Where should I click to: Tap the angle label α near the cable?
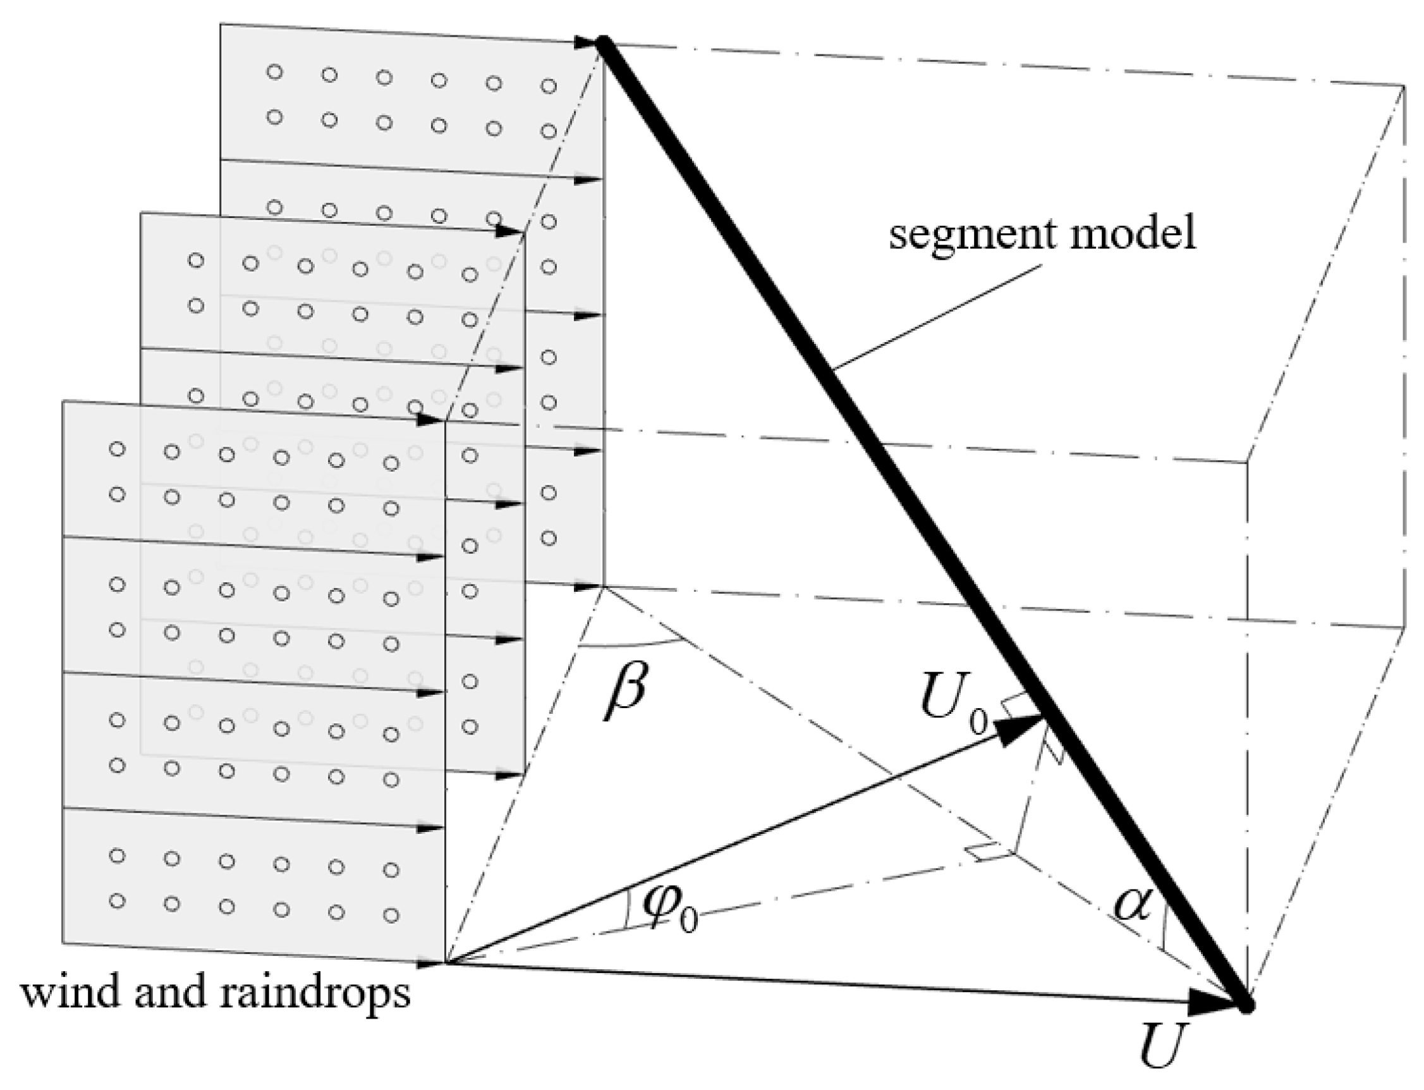[x=1131, y=903]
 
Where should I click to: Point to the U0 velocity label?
[x=954, y=714]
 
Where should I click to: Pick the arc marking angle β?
[x=629, y=646]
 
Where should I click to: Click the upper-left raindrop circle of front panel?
[x=117, y=449]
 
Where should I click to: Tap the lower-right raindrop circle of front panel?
[x=391, y=915]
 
